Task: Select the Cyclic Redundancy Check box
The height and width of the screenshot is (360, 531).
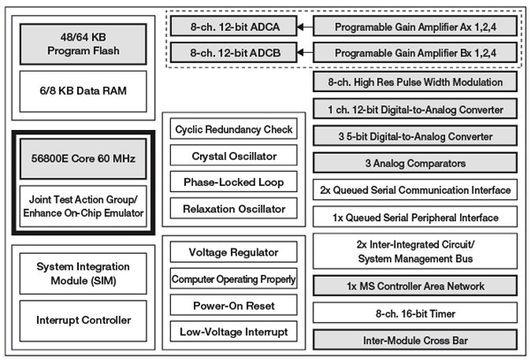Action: (234, 130)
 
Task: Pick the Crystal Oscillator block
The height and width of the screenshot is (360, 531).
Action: (234, 157)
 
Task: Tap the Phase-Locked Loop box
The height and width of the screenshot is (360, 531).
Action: (234, 183)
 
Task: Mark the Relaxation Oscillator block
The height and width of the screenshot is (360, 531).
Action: (234, 210)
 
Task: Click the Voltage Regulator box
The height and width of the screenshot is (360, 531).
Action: (234, 252)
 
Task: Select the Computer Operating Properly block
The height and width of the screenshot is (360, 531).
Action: (234, 280)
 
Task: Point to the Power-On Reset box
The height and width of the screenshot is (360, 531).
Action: (234, 306)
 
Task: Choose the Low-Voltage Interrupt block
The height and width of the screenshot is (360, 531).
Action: (234, 333)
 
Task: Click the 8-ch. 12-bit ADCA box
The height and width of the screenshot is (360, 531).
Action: (232, 27)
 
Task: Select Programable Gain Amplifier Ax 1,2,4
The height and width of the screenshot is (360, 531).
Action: (415, 27)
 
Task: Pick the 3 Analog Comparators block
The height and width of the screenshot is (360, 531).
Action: (415, 163)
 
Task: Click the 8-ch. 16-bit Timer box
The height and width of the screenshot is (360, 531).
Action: (415, 312)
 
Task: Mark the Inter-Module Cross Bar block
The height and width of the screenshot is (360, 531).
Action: (415, 339)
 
